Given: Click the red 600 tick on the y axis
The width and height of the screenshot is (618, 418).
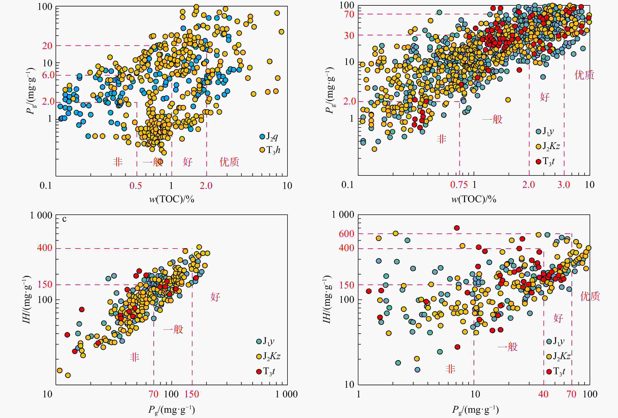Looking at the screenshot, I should click(346, 234).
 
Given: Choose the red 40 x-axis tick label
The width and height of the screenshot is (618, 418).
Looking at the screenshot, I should click(543, 394).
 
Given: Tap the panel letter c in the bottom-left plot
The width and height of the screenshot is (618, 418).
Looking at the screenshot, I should click(64, 219).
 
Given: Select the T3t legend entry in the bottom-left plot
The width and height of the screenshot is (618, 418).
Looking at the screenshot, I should click(266, 371).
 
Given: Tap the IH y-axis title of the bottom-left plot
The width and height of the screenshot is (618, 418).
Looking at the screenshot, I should click(27, 299).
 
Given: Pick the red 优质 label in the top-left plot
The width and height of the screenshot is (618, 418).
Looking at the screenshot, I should click(229, 162).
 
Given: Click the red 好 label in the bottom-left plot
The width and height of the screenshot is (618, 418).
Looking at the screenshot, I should click(215, 296).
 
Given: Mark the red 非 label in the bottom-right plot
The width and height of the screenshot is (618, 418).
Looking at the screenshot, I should click(450, 369).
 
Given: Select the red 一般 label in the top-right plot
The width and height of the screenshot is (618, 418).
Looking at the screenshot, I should click(492, 119).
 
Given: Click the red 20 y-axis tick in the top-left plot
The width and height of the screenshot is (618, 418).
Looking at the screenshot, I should click(47, 46).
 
